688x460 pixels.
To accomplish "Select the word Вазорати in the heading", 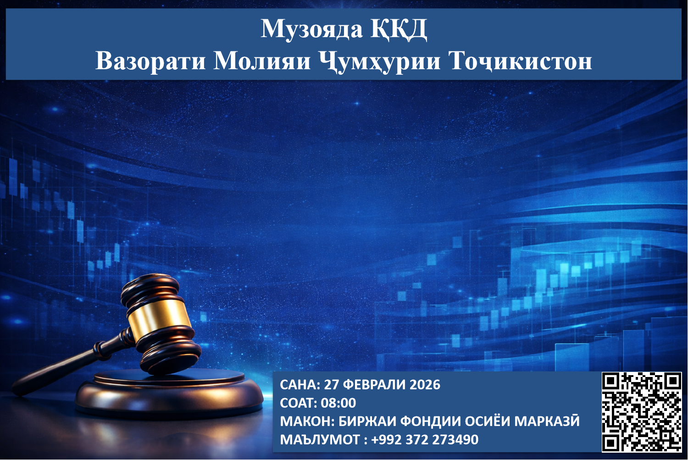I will (150, 61).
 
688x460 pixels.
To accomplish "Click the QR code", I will (641, 412).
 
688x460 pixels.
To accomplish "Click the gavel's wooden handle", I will (69, 367).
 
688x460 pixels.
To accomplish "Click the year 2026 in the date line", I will (425, 384).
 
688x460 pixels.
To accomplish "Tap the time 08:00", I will (338, 403).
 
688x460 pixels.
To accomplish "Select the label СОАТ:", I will (299, 403).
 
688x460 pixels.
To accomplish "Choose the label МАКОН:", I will (307, 421).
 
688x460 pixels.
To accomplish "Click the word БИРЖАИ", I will (367, 421).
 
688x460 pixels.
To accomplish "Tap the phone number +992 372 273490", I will (425, 439).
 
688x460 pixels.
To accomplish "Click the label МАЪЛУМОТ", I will (320, 439).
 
